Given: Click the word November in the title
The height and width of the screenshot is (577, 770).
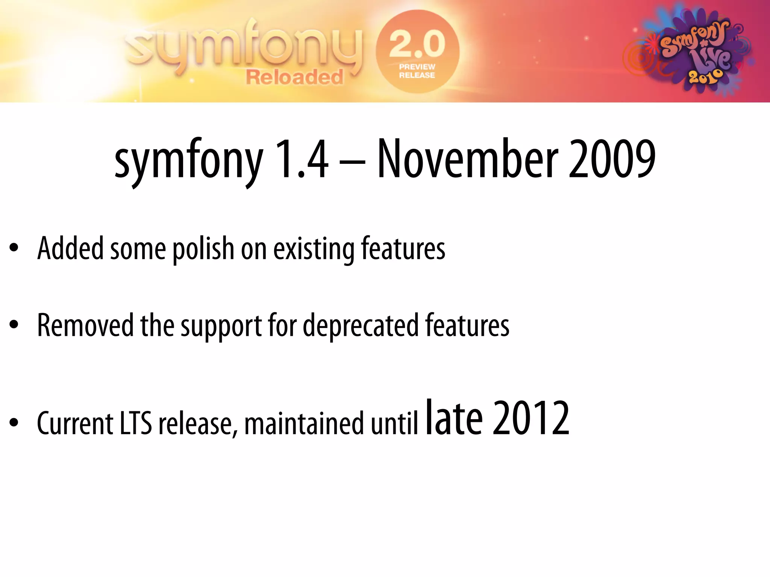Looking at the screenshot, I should [467, 159].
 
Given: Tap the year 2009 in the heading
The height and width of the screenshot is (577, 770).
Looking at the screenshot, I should [612, 159].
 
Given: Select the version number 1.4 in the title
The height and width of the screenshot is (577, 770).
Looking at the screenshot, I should [302, 159].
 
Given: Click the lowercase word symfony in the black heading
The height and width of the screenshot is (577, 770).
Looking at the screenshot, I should [189, 162].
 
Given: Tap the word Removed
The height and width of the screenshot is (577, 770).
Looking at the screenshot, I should [85, 325].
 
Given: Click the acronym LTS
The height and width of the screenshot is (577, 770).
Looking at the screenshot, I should [136, 423].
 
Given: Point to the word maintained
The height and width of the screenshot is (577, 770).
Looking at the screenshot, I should [304, 423].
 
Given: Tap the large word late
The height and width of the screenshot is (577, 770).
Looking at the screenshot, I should [454, 418].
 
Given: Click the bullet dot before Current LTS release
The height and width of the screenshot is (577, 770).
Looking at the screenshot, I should [14, 422].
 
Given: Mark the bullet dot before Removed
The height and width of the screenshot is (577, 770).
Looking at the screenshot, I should [14, 324].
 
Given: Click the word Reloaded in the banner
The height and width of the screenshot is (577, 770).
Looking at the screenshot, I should [294, 77].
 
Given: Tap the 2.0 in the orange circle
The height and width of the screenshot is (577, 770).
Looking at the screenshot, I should [417, 44].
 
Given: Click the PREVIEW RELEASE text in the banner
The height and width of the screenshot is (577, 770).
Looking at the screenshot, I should [417, 71].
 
